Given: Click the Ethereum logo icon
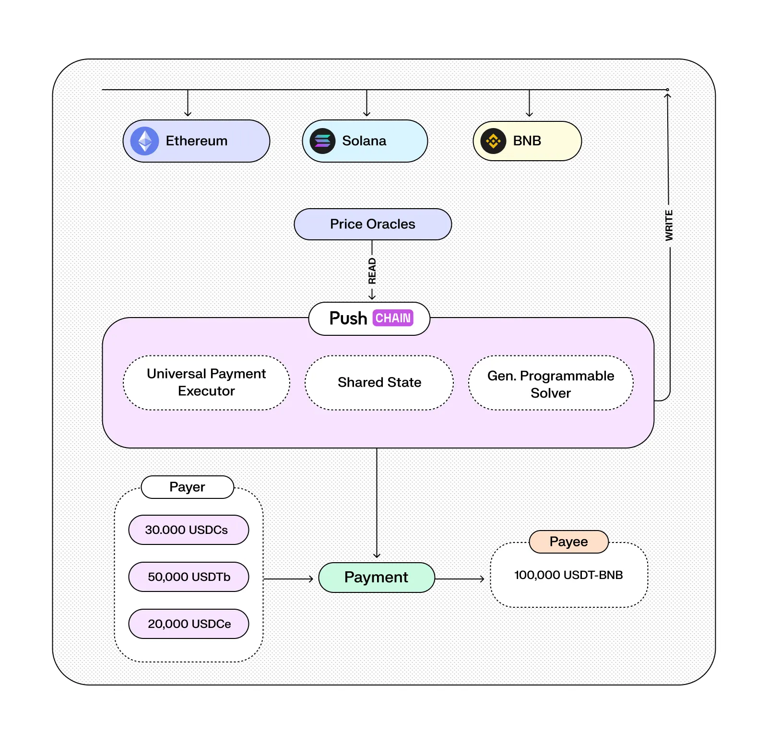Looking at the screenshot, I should click(144, 141).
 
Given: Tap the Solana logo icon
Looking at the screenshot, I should click(322, 141).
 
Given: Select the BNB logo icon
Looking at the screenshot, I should click(493, 141).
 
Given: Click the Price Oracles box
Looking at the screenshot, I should click(373, 224).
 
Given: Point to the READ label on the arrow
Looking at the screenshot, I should click(372, 271).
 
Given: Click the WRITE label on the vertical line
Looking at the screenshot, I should click(669, 225).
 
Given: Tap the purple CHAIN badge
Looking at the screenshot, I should click(393, 318).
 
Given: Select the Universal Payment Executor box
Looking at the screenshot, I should click(206, 382).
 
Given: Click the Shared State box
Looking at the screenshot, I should click(379, 382).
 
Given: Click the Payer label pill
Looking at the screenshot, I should click(187, 487).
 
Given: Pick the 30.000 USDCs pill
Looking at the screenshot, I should click(189, 530).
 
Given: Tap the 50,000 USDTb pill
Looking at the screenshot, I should click(189, 577).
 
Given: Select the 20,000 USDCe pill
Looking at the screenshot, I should click(189, 624).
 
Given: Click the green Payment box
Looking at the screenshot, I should click(377, 577).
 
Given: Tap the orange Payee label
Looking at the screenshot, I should click(568, 542).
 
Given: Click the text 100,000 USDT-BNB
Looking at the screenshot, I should click(568, 575).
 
